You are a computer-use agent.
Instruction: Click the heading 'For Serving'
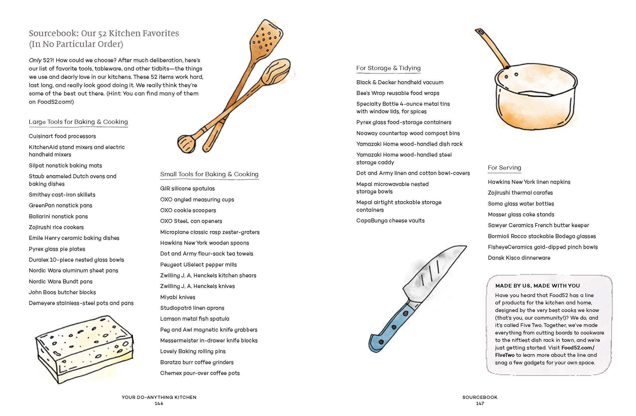tap(504, 168)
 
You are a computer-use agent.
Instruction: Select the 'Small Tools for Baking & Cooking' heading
tap(209, 174)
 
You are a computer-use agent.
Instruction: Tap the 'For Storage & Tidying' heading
tap(388, 68)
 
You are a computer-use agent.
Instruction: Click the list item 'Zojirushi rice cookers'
tap(56, 227)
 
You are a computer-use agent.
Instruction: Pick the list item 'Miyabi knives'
tap(178, 297)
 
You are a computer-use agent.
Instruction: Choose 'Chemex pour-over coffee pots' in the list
tap(200, 373)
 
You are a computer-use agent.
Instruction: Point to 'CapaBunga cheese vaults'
tap(390, 221)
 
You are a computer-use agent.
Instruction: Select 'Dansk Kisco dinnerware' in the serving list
tap(519, 258)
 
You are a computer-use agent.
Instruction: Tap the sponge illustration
tap(84, 348)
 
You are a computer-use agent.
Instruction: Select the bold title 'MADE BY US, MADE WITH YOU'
tap(537, 286)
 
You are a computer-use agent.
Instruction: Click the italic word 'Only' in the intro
tap(35, 60)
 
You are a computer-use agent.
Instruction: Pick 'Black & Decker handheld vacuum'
tap(400, 82)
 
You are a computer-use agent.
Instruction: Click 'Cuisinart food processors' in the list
tap(62, 136)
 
